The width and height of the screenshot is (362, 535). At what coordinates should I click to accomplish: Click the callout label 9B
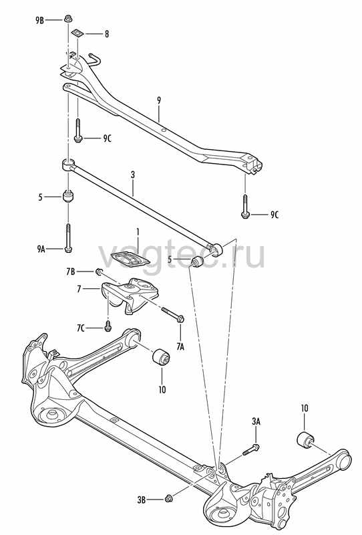39,21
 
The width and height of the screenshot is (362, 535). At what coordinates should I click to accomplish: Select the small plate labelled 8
77,33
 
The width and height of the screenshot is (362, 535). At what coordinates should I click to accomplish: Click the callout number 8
107,34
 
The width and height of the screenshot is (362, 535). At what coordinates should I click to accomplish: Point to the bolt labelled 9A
68,238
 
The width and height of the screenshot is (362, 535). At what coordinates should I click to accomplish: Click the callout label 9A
41,249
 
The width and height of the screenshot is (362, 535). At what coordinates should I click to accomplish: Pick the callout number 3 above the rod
133,175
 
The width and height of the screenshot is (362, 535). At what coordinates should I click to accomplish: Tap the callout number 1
138,232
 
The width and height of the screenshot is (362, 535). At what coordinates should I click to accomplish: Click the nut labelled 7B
99,272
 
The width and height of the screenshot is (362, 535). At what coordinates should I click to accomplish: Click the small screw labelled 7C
108,326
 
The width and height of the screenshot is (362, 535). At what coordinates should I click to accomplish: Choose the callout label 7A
180,346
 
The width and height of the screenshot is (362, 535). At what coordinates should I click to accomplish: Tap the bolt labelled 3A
251,449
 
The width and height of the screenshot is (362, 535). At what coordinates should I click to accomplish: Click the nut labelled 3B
168,498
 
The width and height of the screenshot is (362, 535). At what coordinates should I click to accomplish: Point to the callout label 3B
141,500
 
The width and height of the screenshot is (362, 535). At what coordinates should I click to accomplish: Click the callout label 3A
256,421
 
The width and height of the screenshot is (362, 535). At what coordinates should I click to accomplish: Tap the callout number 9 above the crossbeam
159,101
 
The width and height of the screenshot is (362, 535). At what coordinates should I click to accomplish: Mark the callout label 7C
80,328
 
